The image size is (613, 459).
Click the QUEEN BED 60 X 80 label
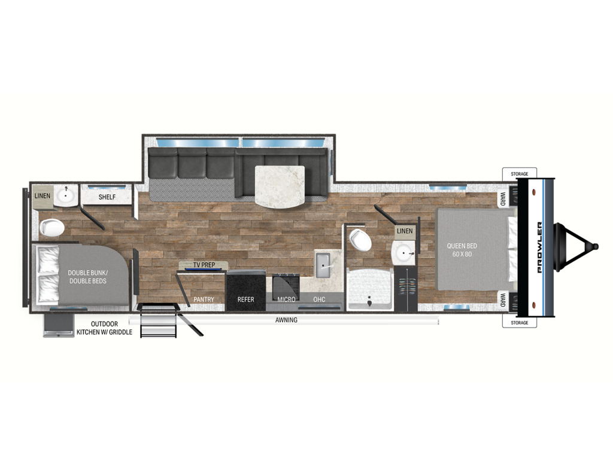[x=462, y=250]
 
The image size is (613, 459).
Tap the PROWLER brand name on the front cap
[x=539, y=247]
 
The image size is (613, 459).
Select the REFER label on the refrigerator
[x=245, y=299]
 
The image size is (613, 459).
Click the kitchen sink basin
[x=323, y=265]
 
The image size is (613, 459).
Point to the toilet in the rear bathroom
[x=51, y=228]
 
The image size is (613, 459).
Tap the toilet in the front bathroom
[x=360, y=240]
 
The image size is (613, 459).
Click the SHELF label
[x=107, y=197]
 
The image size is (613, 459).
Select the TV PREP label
[x=204, y=265]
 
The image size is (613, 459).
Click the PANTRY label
[x=204, y=299]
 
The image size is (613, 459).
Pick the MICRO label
[x=286, y=299]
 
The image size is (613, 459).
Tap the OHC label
[x=319, y=299]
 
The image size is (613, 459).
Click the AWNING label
[x=286, y=320]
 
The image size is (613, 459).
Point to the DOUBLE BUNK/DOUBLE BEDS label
[x=87, y=277]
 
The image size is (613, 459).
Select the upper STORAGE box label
[x=519, y=174]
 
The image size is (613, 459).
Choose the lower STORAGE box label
[x=519, y=323]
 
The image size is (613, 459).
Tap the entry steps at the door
[x=158, y=321]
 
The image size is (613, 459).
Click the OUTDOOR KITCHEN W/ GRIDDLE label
[x=104, y=328]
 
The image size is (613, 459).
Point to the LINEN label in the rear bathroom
[x=43, y=195]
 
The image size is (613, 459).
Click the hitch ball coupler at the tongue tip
[x=595, y=247]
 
